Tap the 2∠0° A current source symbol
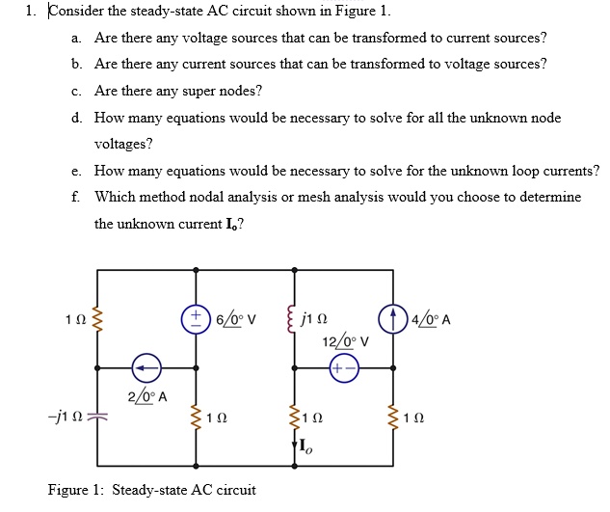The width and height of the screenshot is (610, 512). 146,367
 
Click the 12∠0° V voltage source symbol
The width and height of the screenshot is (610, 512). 342,368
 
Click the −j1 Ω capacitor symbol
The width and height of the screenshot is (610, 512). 97,417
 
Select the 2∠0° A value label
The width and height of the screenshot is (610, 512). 147,396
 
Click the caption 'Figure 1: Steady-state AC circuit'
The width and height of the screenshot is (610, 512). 152,490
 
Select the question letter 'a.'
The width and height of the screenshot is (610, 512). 77,38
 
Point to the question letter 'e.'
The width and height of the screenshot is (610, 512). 77,171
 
